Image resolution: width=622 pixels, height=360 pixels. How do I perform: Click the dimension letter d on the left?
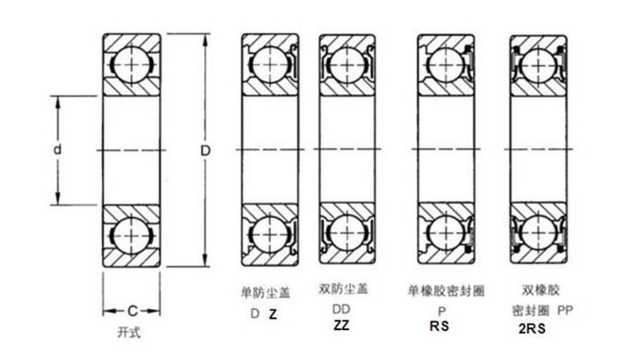point(58,150)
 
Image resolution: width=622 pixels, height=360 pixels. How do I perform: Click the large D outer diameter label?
point(205,151)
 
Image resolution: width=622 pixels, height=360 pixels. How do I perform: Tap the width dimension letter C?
point(132,311)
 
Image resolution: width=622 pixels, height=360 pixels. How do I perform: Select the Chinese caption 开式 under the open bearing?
point(129,332)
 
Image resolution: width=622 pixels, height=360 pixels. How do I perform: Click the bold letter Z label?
point(273,314)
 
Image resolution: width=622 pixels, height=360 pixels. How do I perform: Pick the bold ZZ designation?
point(342,325)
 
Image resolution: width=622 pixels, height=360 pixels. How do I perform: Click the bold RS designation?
point(440,326)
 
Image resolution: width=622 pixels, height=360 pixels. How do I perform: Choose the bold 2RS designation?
point(532,328)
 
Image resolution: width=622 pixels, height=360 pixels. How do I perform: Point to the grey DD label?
point(341,309)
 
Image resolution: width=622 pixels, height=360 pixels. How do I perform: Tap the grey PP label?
point(565,310)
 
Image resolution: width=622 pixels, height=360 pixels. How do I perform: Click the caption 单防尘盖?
point(265,293)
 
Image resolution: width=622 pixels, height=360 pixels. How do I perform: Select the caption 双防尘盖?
point(343,289)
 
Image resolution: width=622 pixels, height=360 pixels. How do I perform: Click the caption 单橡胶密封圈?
point(446,291)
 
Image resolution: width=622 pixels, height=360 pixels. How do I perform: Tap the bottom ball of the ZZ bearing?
point(347,232)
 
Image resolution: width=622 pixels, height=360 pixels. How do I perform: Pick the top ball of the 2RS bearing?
point(538,65)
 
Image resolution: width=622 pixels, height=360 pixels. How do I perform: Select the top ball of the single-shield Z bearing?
point(270,64)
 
